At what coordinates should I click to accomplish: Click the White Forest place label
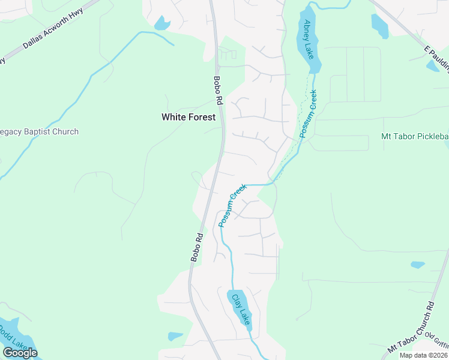click(x=188, y=118)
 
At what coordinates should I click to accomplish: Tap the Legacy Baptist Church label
click(x=40, y=131)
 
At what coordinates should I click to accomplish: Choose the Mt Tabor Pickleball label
click(x=415, y=136)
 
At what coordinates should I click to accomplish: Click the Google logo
click(x=20, y=352)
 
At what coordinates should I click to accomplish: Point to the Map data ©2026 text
click(x=423, y=355)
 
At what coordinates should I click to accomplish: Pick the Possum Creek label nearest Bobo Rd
click(x=232, y=206)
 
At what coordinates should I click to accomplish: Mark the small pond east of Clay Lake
click(x=418, y=264)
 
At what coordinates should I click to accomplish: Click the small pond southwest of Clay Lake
click(x=175, y=336)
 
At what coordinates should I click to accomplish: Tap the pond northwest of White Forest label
click(x=161, y=23)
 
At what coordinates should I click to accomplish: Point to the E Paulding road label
click(x=436, y=58)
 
